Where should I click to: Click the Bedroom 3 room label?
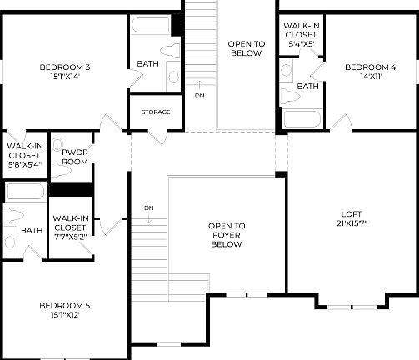tap(64, 67)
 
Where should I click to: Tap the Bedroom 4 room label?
tap(371, 67)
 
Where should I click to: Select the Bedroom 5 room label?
tap(64, 305)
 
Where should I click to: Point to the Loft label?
tap(352, 213)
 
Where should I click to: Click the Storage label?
tap(156, 112)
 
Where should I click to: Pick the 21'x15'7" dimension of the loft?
tap(352, 223)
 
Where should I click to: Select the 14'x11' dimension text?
tap(371, 77)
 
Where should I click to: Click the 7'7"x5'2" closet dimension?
tap(70, 237)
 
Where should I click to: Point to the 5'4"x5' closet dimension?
tap(302, 45)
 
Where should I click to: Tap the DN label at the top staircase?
tap(200, 95)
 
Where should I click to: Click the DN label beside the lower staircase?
tap(148, 207)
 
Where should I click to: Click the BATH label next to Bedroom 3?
tap(148, 62)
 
